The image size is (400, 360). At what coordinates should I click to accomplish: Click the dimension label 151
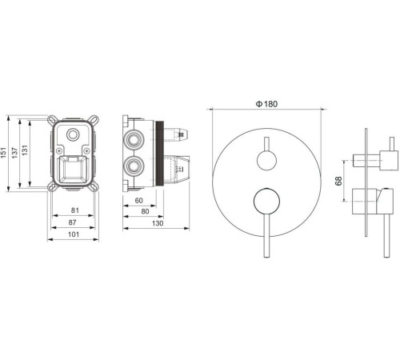click(3, 153)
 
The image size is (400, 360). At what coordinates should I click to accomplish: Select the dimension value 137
click(14, 153)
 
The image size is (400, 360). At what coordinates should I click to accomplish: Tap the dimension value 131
click(24, 150)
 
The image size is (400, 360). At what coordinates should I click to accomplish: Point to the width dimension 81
click(75, 210)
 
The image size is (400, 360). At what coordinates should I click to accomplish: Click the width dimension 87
click(72, 222)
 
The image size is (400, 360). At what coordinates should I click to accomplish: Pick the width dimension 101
click(74, 234)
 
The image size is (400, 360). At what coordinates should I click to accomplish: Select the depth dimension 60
click(139, 200)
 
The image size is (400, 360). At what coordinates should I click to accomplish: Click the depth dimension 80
click(145, 211)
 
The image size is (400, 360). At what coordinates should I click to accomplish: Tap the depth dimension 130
click(158, 223)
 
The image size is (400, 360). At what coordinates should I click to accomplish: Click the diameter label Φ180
click(266, 104)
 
